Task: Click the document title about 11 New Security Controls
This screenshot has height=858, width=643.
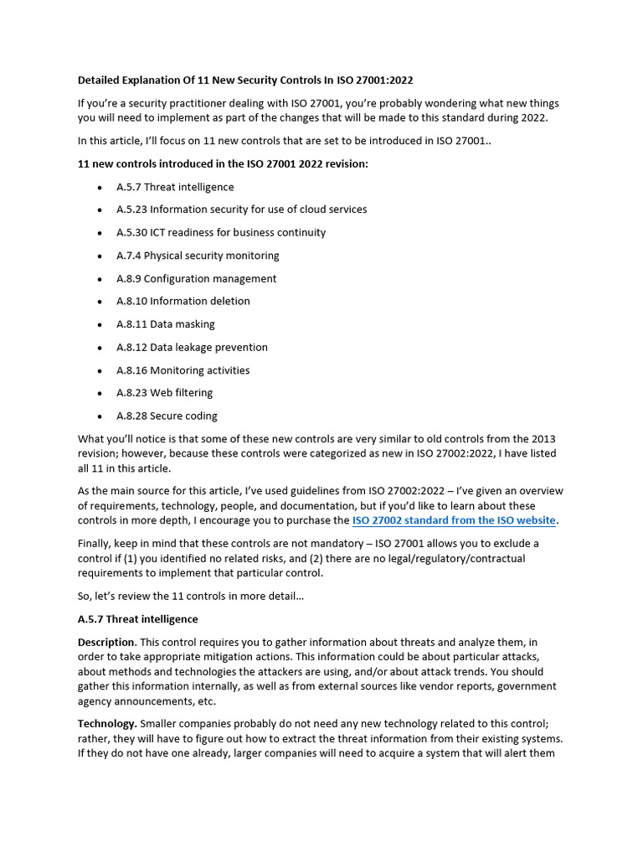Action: click(x=245, y=80)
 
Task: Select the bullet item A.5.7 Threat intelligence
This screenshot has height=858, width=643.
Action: click(x=175, y=187)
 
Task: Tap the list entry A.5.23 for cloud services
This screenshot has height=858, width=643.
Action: click(x=241, y=209)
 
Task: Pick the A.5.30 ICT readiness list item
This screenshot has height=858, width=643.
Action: click(x=221, y=232)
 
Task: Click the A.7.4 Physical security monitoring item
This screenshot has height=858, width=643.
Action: click(x=198, y=256)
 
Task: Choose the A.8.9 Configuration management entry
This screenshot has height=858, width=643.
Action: click(x=196, y=278)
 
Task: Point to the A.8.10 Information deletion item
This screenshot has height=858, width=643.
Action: click(x=183, y=301)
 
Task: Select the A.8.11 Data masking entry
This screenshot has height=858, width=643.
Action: click(x=166, y=324)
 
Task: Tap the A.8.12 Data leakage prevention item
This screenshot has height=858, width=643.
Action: click(x=192, y=347)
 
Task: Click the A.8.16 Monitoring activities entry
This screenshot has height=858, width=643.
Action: click(x=183, y=370)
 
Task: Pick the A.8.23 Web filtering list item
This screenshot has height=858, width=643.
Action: click(x=164, y=392)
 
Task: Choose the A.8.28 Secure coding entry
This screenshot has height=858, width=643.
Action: click(x=167, y=416)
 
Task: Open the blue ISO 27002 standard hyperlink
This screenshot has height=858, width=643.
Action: click(x=454, y=520)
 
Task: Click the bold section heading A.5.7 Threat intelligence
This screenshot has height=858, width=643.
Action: click(x=138, y=619)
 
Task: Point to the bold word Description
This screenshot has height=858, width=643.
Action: click(x=105, y=642)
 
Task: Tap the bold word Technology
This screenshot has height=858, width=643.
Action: click(x=106, y=723)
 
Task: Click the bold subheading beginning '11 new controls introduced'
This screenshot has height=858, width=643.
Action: click(x=223, y=163)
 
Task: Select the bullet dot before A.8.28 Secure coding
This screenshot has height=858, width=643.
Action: click(x=99, y=416)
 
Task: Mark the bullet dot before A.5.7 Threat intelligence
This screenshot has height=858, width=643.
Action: click(x=99, y=188)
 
